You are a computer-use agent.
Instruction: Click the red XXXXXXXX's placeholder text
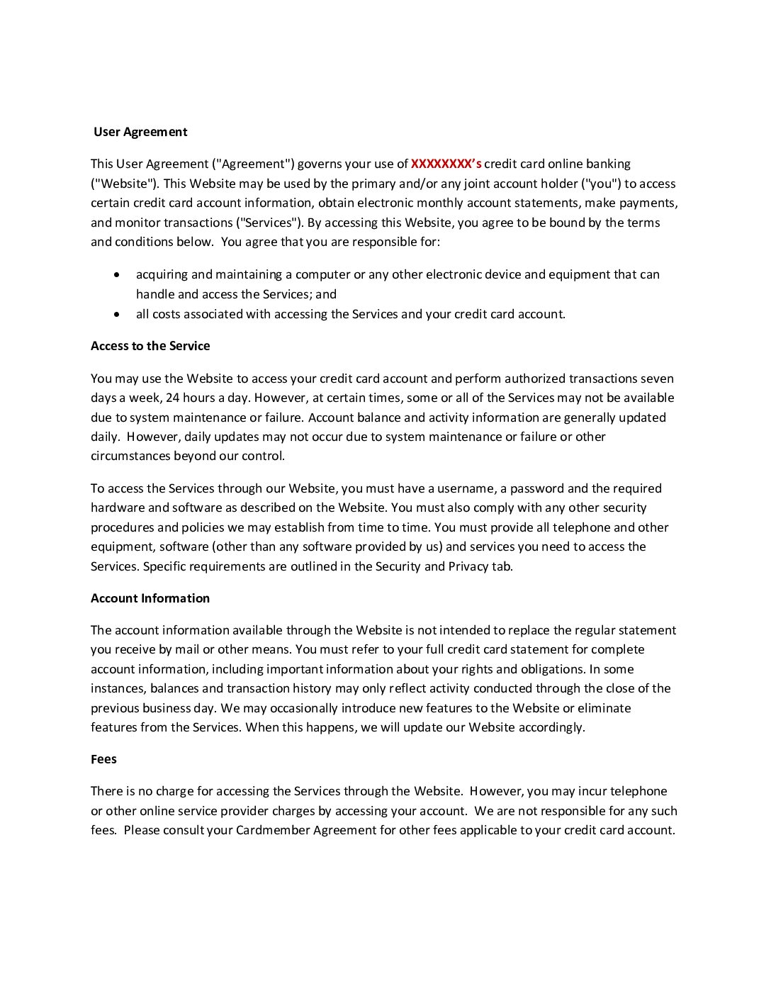[x=446, y=164]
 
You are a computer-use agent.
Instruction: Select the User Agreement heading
[x=140, y=132]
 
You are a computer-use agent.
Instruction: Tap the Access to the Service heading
[x=150, y=346]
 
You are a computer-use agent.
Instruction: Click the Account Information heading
[x=150, y=598]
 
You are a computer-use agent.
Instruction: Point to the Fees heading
[x=103, y=759]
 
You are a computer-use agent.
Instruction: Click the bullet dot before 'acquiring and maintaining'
[x=117, y=274]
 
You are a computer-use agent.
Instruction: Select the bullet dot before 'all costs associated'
[x=117, y=314]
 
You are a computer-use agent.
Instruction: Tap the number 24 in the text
[x=172, y=398]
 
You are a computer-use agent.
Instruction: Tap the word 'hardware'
[x=118, y=508]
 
